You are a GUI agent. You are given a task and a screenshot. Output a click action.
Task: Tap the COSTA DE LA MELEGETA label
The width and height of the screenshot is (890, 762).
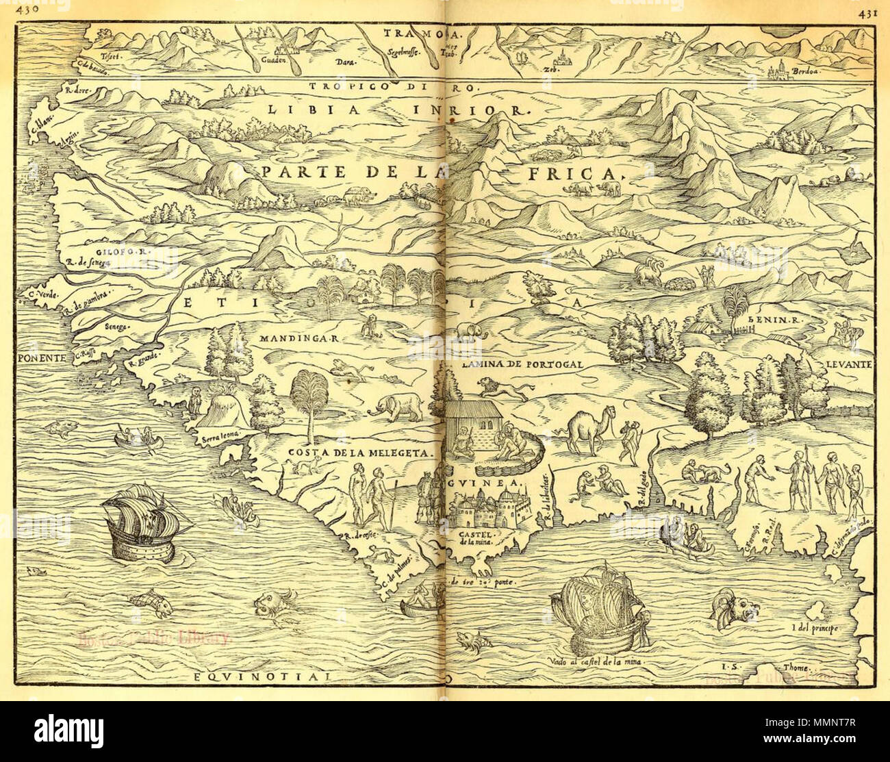click(361, 453)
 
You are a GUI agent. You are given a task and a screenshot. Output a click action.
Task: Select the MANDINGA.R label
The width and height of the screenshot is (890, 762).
click(290, 338)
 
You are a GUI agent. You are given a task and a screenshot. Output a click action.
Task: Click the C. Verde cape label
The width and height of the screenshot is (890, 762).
click(41, 293)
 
